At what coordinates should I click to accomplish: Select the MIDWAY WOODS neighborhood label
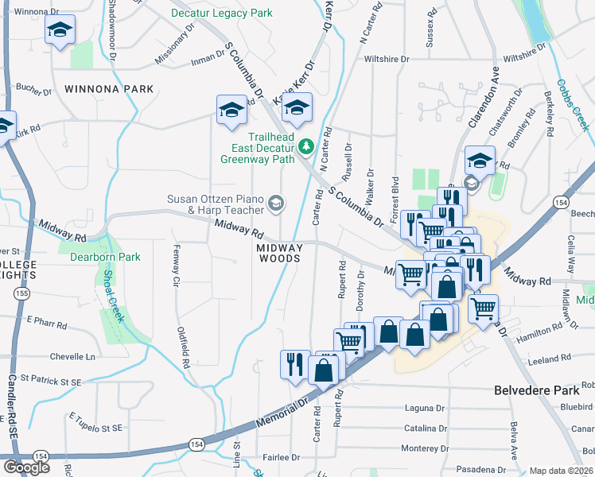point(279,253)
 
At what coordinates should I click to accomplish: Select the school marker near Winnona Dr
point(59,31)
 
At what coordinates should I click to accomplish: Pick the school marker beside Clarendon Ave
point(480,161)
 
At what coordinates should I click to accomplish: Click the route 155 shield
point(18,294)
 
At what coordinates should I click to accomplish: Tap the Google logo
point(25,467)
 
